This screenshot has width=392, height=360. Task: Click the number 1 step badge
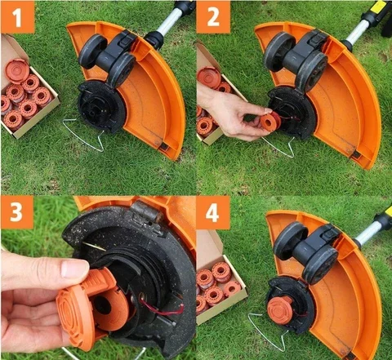tap(18, 16)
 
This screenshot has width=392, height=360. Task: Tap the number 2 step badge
tap(213, 16)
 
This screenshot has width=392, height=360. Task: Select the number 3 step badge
tap(17, 212)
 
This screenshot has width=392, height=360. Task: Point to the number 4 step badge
tap(212, 212)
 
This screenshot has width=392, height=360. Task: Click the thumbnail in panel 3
tap(74, 269)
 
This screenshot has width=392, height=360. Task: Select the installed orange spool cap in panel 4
tap(279, 309)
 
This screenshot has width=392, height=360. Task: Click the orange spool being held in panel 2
tap(269, 122)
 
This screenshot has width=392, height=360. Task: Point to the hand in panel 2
tap(231, 114)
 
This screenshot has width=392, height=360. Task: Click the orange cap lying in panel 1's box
tap(17, 70)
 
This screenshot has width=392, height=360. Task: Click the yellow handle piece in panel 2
tap(378, 6)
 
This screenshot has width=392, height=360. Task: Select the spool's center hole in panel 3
tap(102, 304)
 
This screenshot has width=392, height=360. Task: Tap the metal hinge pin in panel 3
tap(147, 212)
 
